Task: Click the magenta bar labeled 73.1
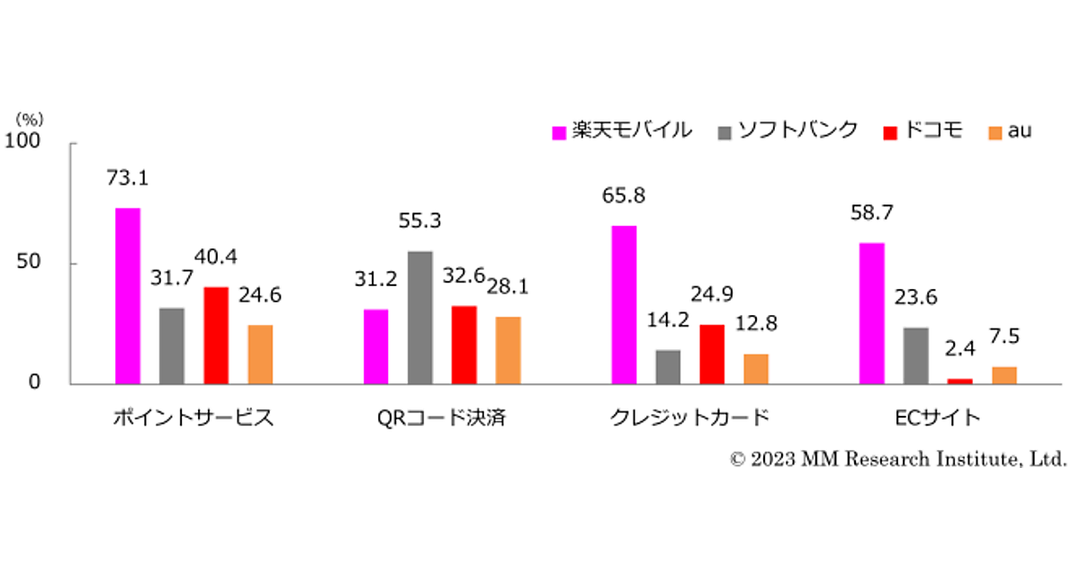[x=128, y=296]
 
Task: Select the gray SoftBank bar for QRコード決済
[x=419, y=318]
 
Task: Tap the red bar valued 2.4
[x=960, y=382]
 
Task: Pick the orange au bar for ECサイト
[x=1004, y=375]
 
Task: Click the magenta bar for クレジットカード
[x=624, y=305]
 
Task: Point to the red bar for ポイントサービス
[x=216, y=336]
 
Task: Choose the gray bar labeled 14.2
[x=668, y=367]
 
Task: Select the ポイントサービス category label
[x=193, y=418]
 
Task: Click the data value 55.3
[x=419, y=220]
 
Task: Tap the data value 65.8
[x=623, y=194]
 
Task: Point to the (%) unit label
[x=30, y=118]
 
